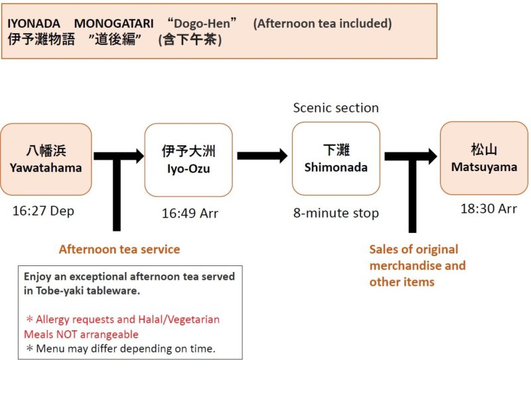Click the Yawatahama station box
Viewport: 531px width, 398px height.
[x=46, y=159]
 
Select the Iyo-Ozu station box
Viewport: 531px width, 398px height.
[x=189, y=160]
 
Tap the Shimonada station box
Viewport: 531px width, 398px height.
[x=336, y=159]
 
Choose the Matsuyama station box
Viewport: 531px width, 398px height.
[x=484, y=158]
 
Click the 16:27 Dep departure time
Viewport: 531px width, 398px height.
[x=43, y=211]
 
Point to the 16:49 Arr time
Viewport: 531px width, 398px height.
[x=190, y=214]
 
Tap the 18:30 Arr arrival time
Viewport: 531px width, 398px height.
[x=489, y=208]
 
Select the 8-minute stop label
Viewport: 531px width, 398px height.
[x=336, y=213]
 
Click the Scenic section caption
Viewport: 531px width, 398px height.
[x=336, y=107]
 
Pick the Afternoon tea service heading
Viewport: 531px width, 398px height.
[x=119, y=249]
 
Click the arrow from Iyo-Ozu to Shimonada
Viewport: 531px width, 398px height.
[x=262, y=156]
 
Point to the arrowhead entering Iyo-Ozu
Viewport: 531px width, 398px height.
[x=139, y=157]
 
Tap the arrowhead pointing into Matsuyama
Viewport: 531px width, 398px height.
[x=431, y=157]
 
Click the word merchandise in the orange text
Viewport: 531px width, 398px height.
[x=417, y=265]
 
